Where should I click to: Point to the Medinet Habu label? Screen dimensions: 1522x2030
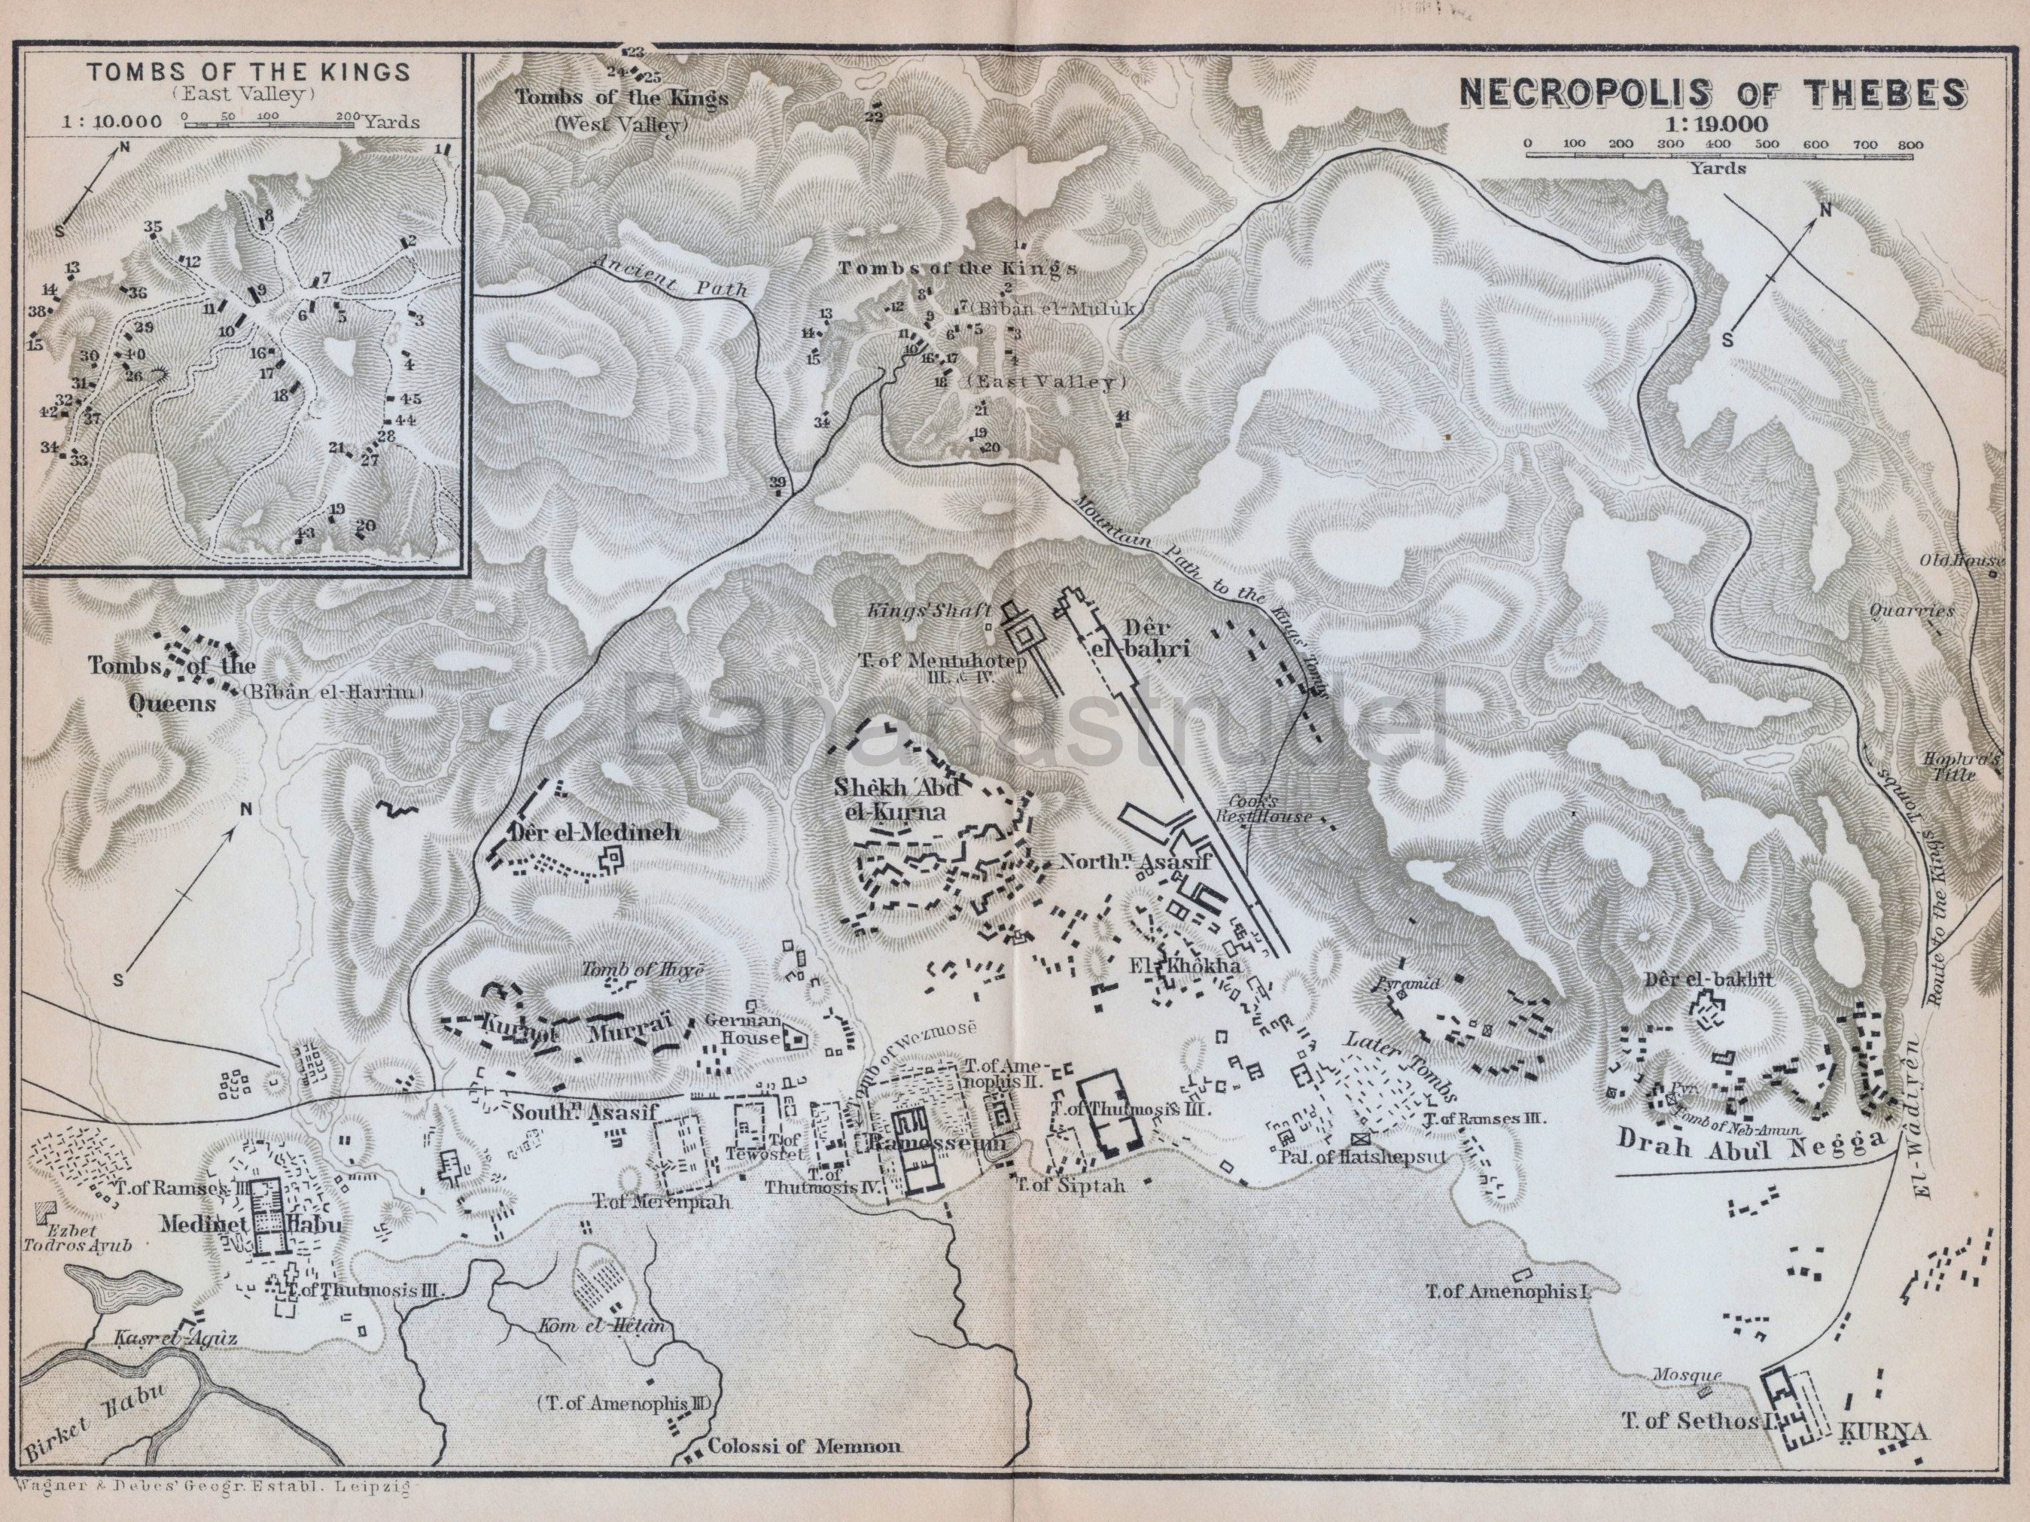click(250, 1225)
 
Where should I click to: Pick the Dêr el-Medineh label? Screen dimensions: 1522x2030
click(592, 833)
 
